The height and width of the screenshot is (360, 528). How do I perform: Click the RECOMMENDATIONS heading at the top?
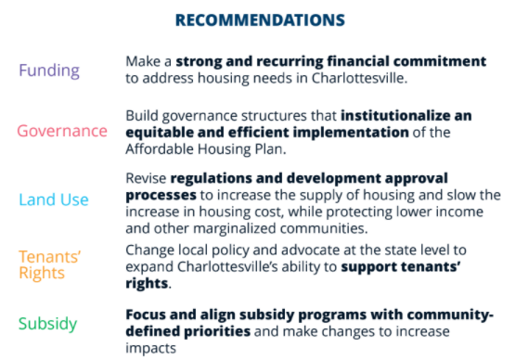coord(260,19)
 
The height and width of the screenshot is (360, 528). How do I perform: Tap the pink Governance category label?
coord(62,131)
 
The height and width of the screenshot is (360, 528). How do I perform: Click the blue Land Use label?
coord(53,199)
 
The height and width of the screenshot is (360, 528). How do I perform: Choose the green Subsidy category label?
coord(47,324)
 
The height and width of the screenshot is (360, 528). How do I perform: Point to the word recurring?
coord(267,61)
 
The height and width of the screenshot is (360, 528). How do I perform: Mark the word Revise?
coord(147,177)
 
